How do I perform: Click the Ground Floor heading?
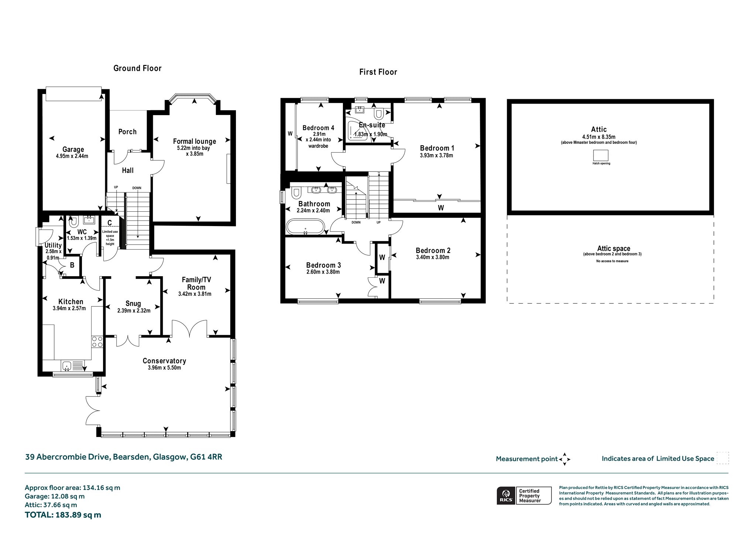tap(137, 68)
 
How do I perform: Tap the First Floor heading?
tap(378, 72)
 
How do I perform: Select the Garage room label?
tap(73, 149)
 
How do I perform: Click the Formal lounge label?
tap(195, 141)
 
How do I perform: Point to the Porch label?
tap(127, 132)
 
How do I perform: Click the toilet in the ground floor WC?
tap(73, 221)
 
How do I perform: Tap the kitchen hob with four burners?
tap(97, 341)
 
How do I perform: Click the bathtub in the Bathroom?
tap(305, 227)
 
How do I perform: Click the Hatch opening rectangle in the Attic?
tap(601, 155)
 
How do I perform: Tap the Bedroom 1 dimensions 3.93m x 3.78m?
tap(436, 156)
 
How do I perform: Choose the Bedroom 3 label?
tap(323, 265)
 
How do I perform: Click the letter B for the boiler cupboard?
tap(72, 265)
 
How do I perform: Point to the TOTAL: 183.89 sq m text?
tap(63, 515)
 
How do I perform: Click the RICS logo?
tap(505, 496)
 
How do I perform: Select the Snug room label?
tap(133, 304)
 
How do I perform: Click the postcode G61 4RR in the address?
tap(206, 457)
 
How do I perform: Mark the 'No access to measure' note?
tap(612, 261)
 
